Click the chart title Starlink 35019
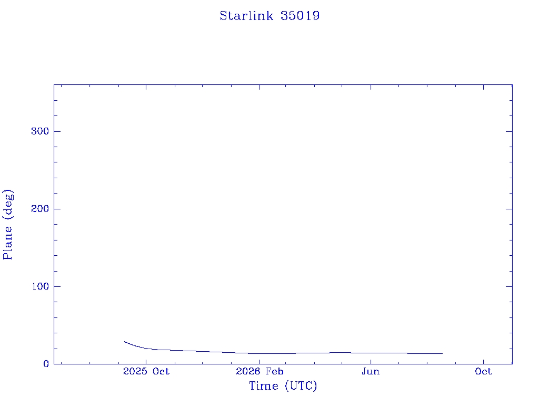(x=269, y=16)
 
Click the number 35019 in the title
(x=300, y=16)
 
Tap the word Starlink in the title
(x=246, y=16)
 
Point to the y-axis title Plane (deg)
(x=8, y=224)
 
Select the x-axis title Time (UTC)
(x=283, y=385)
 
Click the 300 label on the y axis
(x=40, y=131)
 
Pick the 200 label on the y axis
(x=40, y=209)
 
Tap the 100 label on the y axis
(x=40, y=286)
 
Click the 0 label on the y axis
(x=46, y=364)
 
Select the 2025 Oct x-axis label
(x=146, y=371)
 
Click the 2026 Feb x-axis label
(x=259, y=371)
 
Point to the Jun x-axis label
(x=371, y=371)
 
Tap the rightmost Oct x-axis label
(x=483, y=371)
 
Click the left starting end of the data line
(x=124, y=342)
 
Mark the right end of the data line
(x=442, y=353)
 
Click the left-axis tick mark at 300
(x=57, y=131)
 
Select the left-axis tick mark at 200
(x=57, y=209)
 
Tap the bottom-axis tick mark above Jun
(x=371, y=361)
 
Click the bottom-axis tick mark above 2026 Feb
(x=259, y=361)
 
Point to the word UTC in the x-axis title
(x=301, y=385)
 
